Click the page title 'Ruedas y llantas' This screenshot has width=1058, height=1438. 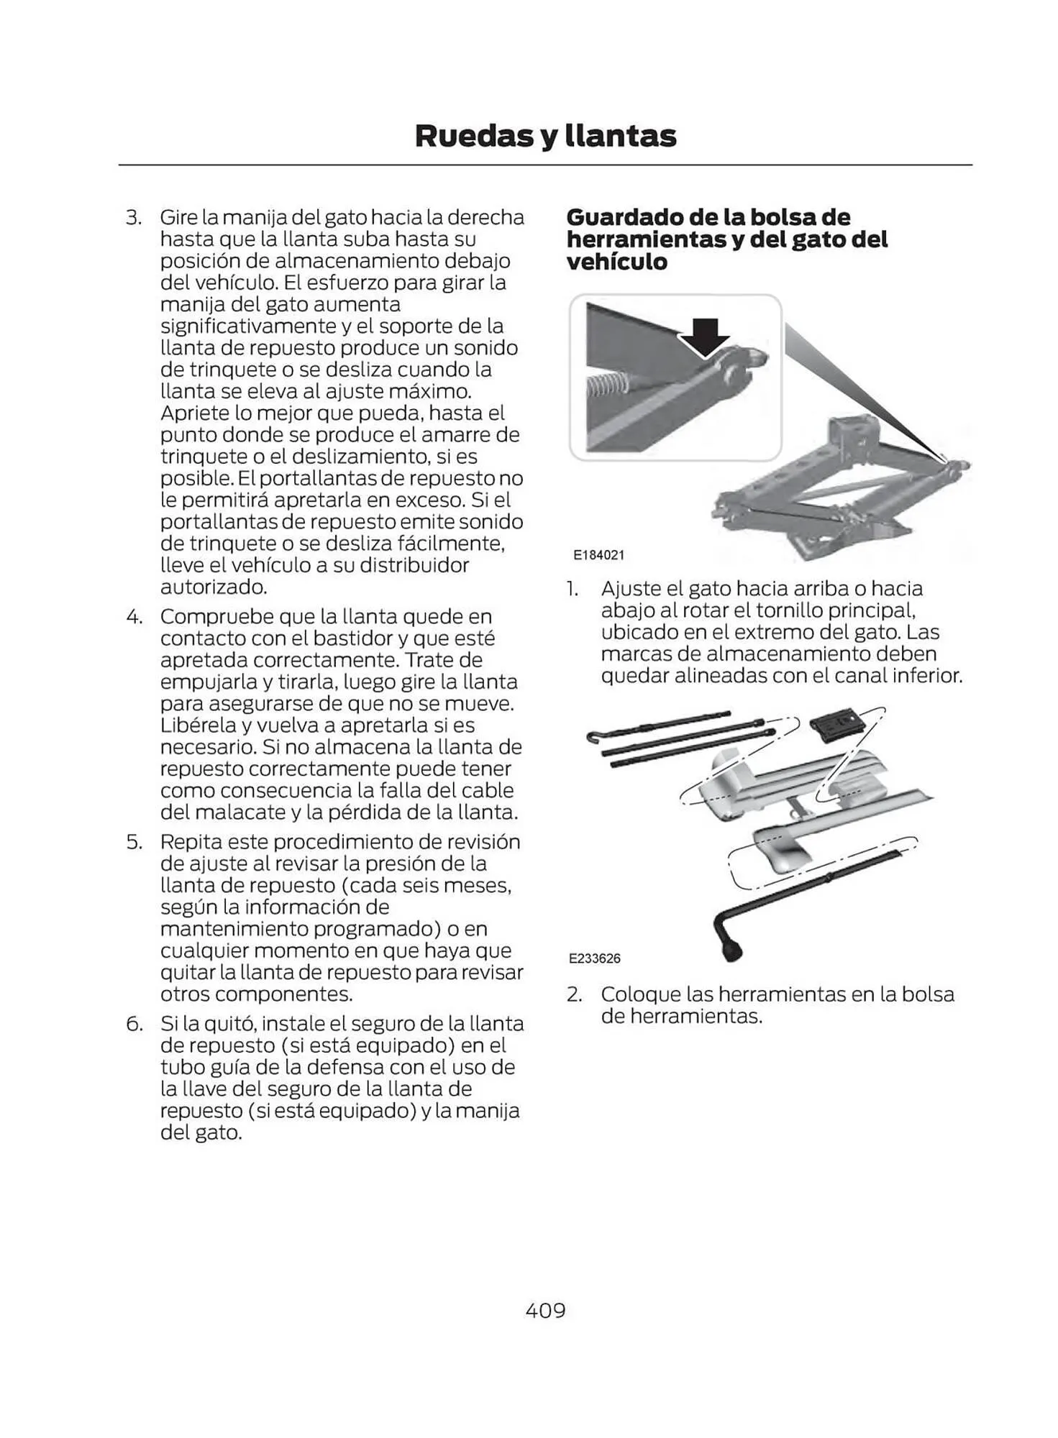pos(545,136)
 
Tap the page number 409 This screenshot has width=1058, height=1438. pos(545,1310)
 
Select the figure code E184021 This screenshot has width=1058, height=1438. pos(598,555)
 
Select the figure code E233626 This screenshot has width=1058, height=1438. pos(594,958)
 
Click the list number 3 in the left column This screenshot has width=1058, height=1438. pos(134,217)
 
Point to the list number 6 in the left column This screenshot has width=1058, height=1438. pos(134,1023)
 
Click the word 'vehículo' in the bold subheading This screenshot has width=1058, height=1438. pos(616,262)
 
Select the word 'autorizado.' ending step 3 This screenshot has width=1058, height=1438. pos(214,587)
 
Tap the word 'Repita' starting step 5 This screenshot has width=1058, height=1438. pos(189,841)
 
